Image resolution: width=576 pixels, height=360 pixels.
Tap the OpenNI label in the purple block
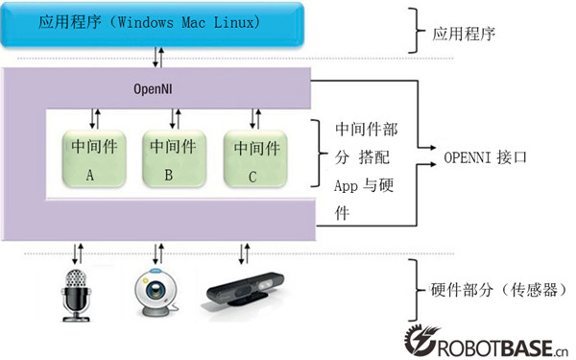coord(154,89)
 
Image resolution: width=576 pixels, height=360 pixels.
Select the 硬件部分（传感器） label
coord(489,292)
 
